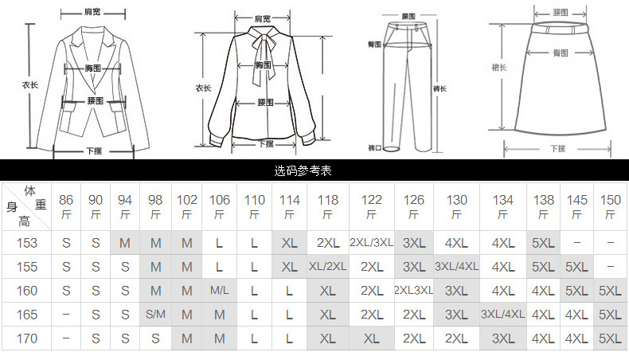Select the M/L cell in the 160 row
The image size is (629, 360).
[x=220, y=292]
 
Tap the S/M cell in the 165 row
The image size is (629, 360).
[x=156, y=315]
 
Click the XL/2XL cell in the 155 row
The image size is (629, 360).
[x=328, y=267]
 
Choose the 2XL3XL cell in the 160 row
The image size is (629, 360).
[x=413, y=292]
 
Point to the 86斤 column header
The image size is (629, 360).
[x=66, y=206]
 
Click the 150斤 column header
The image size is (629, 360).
[x=610, y=206]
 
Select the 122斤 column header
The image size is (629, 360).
[x=371, y=206]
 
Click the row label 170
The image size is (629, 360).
[x=27, y=338]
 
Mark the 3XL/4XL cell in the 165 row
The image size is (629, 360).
[x=502, y=315]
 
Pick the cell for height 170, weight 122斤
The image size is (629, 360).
[x=371, y=338]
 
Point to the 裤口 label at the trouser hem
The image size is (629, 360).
[x=374, y=147]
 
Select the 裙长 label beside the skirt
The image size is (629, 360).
[x=498, y=68]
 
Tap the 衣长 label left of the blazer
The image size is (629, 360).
[x=29, y=84]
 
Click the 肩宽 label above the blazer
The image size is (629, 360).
[x=93, y=13]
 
